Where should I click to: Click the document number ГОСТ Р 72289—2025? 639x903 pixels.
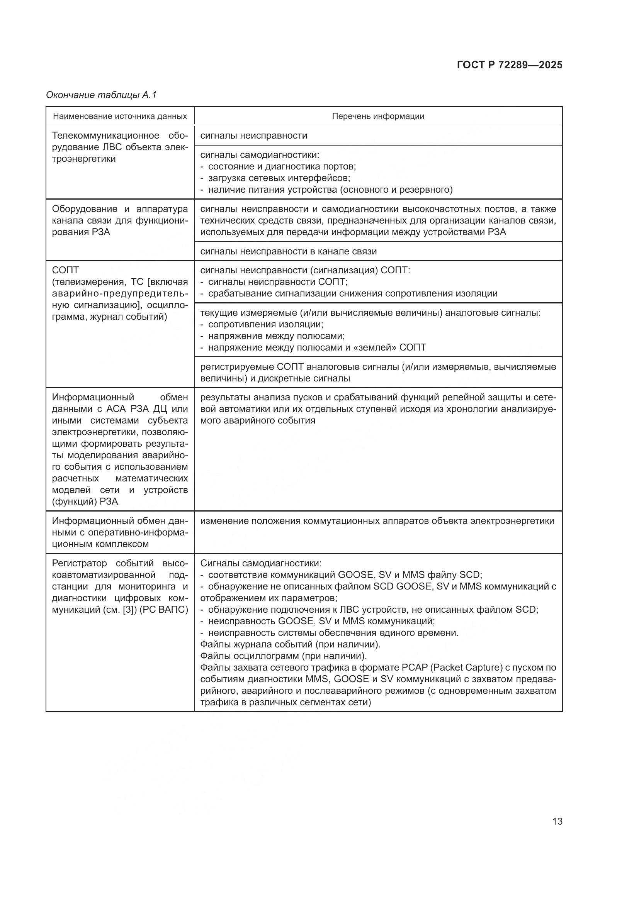[x=510, y=65]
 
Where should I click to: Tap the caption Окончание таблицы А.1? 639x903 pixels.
[x=101, y=95]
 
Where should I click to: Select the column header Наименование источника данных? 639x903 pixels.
[x=120, y=116]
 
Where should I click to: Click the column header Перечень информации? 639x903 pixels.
[x=378, y=116]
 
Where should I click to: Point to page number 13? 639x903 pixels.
[x=557, y=821]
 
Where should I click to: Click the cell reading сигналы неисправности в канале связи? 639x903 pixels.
[x=289, y=251]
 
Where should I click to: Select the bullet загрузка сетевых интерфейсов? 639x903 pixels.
[x=279, y=178]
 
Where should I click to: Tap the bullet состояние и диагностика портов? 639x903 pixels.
[x=282, y=166]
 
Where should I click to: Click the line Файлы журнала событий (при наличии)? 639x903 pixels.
[x=290, y=645]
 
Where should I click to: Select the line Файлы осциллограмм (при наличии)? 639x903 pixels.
[x=283, y=656]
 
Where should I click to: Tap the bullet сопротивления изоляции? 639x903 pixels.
[x=265, y=324]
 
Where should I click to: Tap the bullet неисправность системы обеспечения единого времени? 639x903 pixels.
[x=333, y=633]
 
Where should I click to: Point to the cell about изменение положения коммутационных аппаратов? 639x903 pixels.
[x=377, y=521]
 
